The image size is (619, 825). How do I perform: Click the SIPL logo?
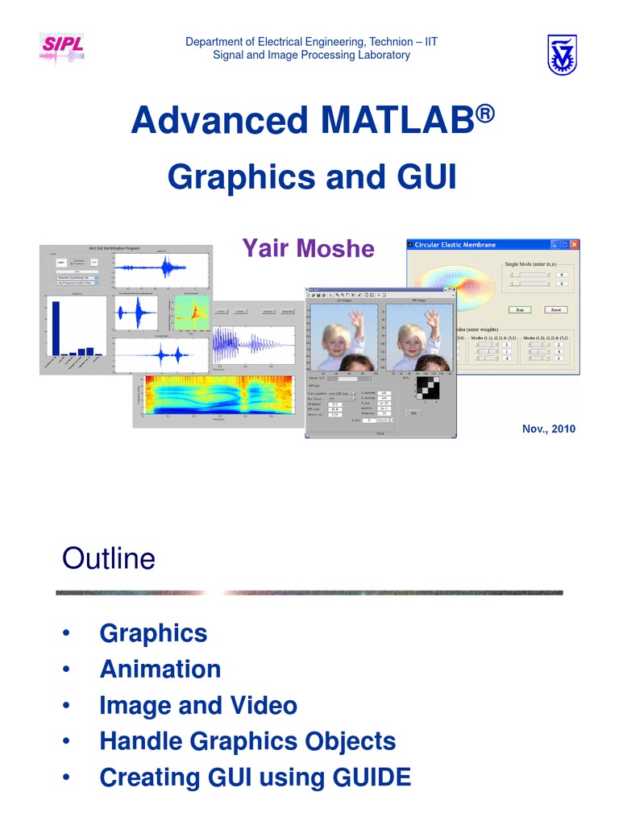click(62, 47)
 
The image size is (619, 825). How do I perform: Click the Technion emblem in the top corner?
click(562, 55)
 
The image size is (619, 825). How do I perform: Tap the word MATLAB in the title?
click(394, 121)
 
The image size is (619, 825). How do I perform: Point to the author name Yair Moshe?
click(308, 248)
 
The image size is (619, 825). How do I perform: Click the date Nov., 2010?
click(549, 429)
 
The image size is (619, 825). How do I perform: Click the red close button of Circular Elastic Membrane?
click(575, 244)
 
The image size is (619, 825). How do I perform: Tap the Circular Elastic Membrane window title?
click(455, 245)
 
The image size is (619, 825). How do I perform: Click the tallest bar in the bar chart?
click(56, 327)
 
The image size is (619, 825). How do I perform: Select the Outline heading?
click(108, 558)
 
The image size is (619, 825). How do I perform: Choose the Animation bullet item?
click(160, 669)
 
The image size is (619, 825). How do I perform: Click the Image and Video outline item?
click(198, 706)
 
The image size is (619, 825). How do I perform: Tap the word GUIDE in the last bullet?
click(368, 777)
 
